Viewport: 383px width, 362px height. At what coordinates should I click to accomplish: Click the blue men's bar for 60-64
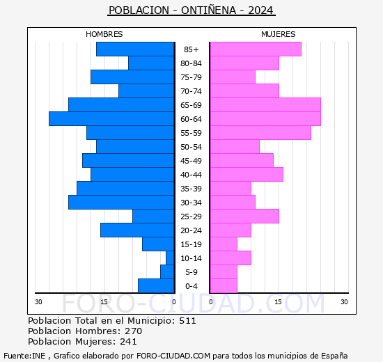[x=111, y=119]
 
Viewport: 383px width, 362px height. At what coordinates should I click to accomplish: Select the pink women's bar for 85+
[x=256, y=49]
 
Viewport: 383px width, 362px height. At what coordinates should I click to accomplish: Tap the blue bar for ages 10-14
[x=170, y=258]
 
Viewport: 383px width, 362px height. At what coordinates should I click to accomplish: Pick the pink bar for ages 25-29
[x=244, y=217]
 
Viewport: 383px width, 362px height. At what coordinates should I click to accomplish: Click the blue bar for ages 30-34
[x=121, y=203]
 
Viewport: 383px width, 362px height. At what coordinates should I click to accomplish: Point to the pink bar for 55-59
[x=260, y=133]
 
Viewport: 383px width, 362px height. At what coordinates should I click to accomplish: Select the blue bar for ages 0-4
[x=156, y=286]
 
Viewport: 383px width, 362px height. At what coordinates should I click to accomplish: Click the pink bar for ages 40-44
[x=247, y=175]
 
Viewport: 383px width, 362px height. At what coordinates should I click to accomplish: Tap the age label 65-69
[x=191, y=105]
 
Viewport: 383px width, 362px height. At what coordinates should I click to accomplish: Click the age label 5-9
[x=191, y=272]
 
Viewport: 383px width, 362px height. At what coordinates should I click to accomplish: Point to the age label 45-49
[x=191, y=161]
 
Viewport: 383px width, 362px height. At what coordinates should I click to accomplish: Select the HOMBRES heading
[x=104, y=34]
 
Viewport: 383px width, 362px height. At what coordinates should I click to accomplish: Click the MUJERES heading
[x=279, y=34]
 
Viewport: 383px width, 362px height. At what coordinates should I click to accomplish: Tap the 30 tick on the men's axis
[x=38, y=302]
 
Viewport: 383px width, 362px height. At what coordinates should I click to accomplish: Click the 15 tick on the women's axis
[x=279, y=302]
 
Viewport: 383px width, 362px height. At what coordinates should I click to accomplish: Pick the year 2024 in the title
[x=260, y=10]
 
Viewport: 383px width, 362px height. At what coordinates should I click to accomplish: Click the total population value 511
[x=187, y=321]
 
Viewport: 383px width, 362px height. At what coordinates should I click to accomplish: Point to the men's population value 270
[x=134, y=331]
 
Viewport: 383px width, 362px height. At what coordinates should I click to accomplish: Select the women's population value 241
[x=129, y=342]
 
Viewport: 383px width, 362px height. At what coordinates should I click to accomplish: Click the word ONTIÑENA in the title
[x=209, y=10]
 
